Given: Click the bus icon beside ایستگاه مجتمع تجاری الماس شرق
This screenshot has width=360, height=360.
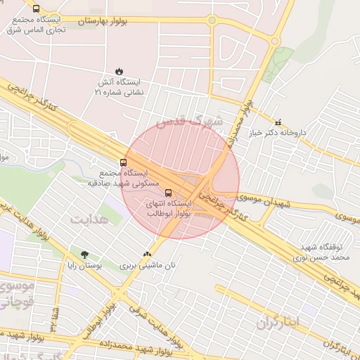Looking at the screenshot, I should (36, 9).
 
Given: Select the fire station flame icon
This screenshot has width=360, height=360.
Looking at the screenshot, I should (120, 71).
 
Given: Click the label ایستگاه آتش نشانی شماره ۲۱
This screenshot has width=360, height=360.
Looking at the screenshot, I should (119, 87).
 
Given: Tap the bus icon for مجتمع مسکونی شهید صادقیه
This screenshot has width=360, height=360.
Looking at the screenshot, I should (124, 162).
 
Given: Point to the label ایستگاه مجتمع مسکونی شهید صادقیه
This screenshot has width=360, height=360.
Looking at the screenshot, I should (118, 177).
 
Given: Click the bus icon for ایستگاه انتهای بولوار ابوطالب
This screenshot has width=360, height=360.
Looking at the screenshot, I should (167, 192).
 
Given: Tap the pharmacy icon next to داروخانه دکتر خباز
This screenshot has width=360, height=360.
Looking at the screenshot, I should (278, 122).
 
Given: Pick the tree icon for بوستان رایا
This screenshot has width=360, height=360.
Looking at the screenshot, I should (84, 255).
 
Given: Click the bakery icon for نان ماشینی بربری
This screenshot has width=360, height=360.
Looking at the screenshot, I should (147, 255).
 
